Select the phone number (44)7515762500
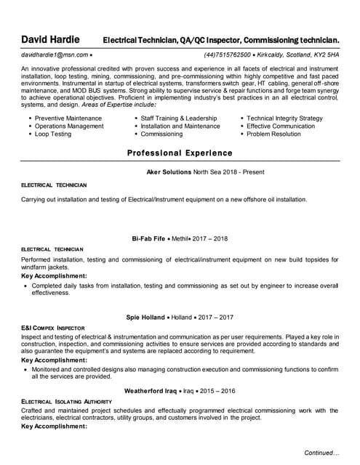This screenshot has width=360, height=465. pos(228,54)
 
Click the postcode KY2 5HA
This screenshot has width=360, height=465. pos(324,54)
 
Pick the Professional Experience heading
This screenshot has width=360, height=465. pos(180,153)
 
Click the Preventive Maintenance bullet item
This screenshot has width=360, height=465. pos(68,118)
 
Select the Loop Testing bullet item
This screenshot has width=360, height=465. pos(53,134)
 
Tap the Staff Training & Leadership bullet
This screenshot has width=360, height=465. pos(179,118)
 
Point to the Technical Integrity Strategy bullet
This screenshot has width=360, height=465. pos(284,118)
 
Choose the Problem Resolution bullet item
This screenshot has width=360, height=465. pos(273,134)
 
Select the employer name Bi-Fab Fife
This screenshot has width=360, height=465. pos(149,238)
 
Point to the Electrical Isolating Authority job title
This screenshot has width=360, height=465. pos(66,402)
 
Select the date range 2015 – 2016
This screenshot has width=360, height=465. pos(219,391)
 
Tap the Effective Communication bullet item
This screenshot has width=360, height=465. pos(281,126)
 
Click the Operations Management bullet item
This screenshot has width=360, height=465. pos(69,126)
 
